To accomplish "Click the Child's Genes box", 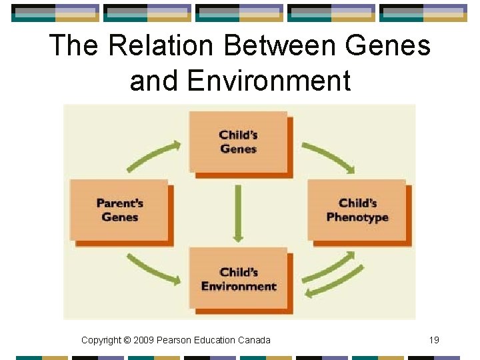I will tap(238, 141).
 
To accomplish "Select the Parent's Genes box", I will tap(120, 210).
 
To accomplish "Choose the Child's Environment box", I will tap(238, 279).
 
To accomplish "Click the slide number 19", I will tap(434, 340).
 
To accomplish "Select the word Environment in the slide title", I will tap(269, 81).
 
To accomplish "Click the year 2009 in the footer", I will tap(144, 340).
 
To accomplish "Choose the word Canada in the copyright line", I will tap(254, 340).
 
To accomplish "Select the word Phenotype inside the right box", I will tap(357, 217).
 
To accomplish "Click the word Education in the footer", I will tap(215, 340).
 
